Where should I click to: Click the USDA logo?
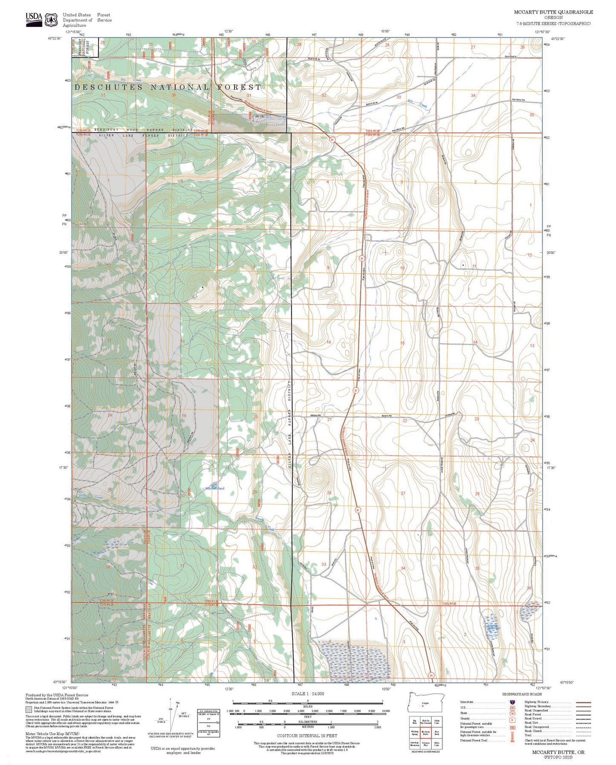pos(34,19)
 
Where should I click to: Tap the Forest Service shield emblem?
pos(52,19)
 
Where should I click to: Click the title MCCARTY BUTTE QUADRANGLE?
pos(553,13)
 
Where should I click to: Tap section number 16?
pos(328,342)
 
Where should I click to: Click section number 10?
pos(402,268)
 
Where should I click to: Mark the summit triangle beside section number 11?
pos(463,265)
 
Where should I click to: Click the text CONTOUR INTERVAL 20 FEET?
pos(307,736)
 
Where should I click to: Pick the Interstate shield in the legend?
pos(511,701)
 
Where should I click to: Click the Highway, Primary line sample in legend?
pos(583,702)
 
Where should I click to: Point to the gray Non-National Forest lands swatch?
pos(29,710)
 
